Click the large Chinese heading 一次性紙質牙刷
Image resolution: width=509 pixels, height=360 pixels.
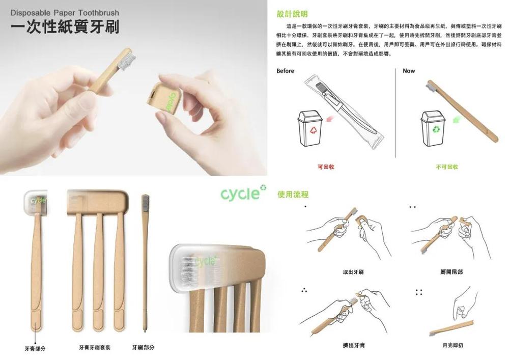point(65,27)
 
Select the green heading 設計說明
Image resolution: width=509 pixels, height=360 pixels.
point(292,14)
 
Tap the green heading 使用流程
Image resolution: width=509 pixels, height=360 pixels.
point(293,194)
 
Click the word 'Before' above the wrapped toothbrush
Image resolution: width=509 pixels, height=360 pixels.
point(285,71)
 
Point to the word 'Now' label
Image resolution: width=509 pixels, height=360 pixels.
point(409,71)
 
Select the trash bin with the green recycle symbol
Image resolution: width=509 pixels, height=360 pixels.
point(433,129)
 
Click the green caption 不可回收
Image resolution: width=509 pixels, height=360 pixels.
point(447,167)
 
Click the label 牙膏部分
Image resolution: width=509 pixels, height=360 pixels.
point(35,348)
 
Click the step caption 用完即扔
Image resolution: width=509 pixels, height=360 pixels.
point(453,345)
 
